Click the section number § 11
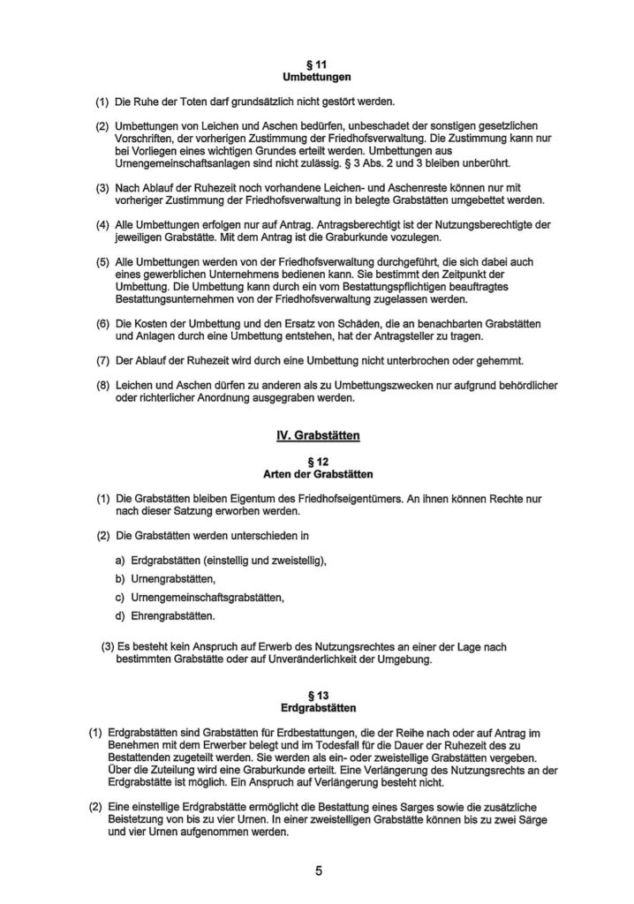(x=316, y=65)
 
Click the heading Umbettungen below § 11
(x=316, y=78)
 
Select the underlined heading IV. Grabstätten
(x=316, y=435)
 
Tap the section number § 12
(x=316, y=461)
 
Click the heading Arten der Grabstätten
(x=316, y=474)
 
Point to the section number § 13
(x=316, y=696)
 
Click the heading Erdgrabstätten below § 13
(x=316, y=708)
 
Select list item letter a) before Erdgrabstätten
(x=119, y=561)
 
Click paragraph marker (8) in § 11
(x=103, y=386)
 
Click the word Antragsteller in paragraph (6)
(x=478, y=335)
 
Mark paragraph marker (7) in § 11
(x=103, y=360)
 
